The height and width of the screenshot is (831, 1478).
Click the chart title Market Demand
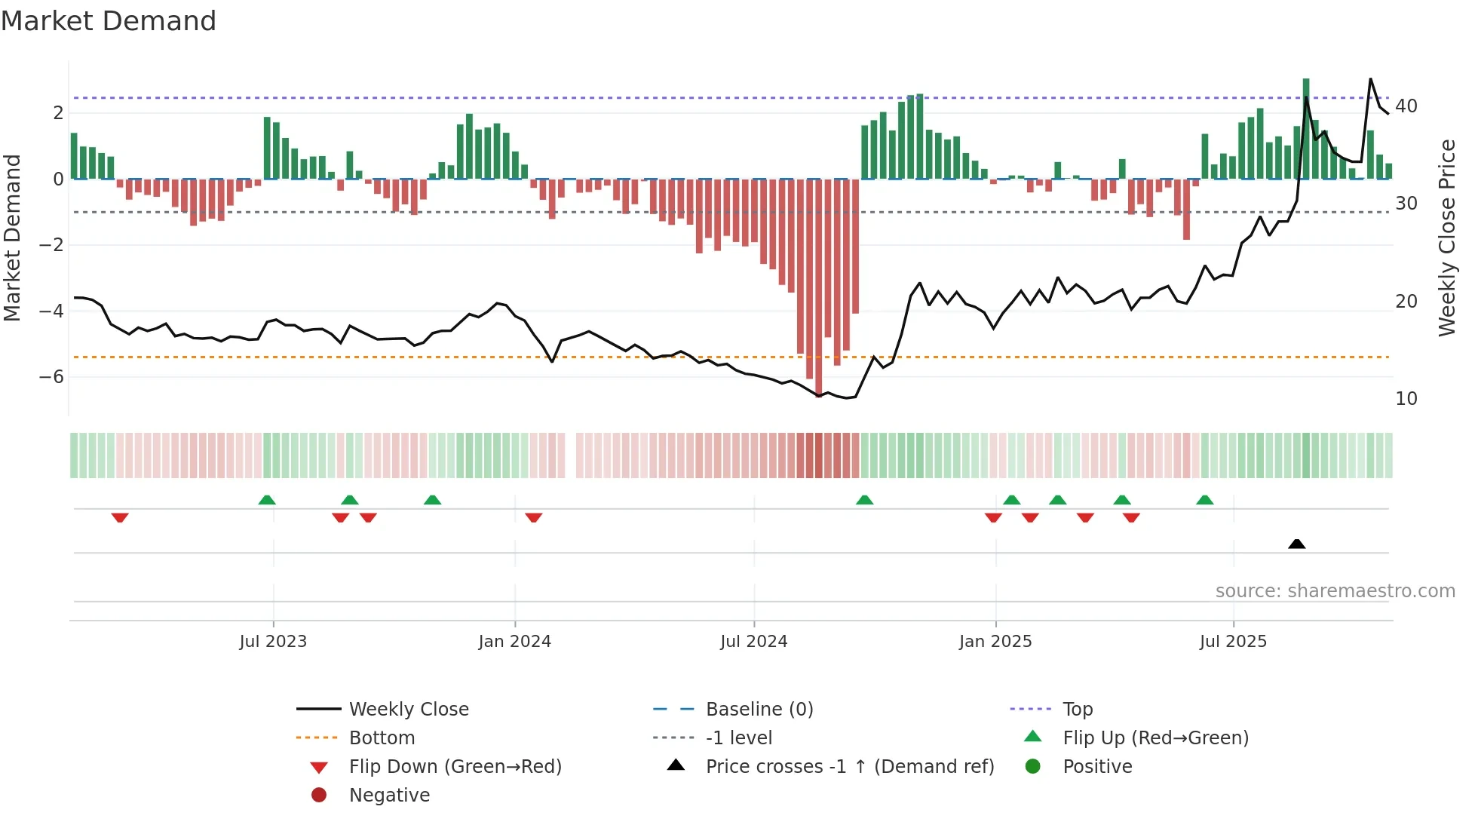109,21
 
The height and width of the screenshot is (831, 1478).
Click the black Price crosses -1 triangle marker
1296,544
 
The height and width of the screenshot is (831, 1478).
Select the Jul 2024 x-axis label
753,642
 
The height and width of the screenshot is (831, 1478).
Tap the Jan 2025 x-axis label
995,642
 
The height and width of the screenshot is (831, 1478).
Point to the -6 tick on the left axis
52,376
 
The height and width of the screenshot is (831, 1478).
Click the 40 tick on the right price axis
1406,106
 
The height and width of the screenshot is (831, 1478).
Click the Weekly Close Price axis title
1446,238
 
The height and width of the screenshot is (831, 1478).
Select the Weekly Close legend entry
408,710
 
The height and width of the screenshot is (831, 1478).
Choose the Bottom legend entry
382,738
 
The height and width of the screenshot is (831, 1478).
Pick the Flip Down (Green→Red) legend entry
455,767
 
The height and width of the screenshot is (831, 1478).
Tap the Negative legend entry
389,796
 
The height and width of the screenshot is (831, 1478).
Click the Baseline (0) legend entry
759,710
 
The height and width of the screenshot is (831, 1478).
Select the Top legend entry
1077,710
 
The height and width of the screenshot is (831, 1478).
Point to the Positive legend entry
1096,767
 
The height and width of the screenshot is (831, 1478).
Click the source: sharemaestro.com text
1335,591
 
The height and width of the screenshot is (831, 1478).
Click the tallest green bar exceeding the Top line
1306,128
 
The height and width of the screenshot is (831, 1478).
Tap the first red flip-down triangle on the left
120,517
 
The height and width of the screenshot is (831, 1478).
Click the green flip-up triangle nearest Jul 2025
1204,500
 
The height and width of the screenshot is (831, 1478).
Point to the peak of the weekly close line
1370,79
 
